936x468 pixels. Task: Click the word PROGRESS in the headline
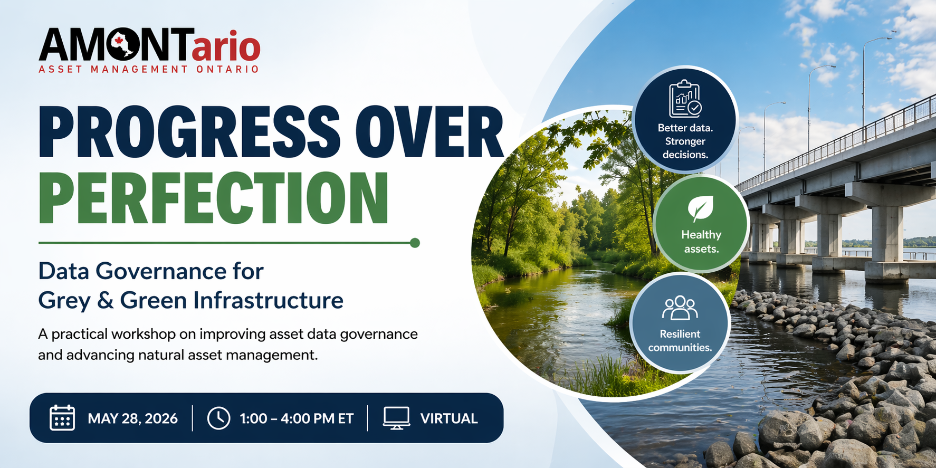(x=189, y=131)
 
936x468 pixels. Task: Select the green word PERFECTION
(x=213, y=198)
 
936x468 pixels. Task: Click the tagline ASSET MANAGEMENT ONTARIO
(x=149, y=69)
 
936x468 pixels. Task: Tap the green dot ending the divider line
(x=415, y=243)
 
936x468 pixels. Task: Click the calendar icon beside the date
(x=62, y=418)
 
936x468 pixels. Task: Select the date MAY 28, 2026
(x=132, y=418)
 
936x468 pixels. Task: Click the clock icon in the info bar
(x=218, y=418)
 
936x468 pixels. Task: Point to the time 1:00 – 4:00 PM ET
(x=297, y=418)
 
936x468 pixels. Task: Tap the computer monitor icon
(x=396, y=418)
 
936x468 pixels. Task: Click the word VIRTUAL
(x=449, y=418)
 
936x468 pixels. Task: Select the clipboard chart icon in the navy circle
(x=685, y=99)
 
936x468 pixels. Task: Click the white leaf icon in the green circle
(x=700, y=209)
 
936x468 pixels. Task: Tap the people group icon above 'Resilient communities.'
(x=680, y=308)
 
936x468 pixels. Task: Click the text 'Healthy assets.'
(x=701, y=242)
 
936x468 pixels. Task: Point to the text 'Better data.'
(x=685, y=128)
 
